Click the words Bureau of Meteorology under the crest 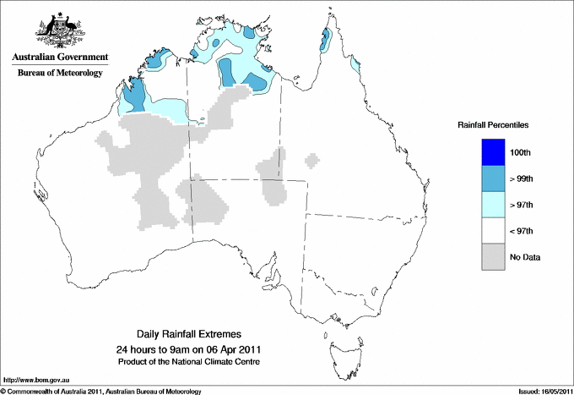(60, 74)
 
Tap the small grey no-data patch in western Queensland (313, 159)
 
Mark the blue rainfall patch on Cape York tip (326, 37)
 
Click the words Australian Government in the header (59, 58)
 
